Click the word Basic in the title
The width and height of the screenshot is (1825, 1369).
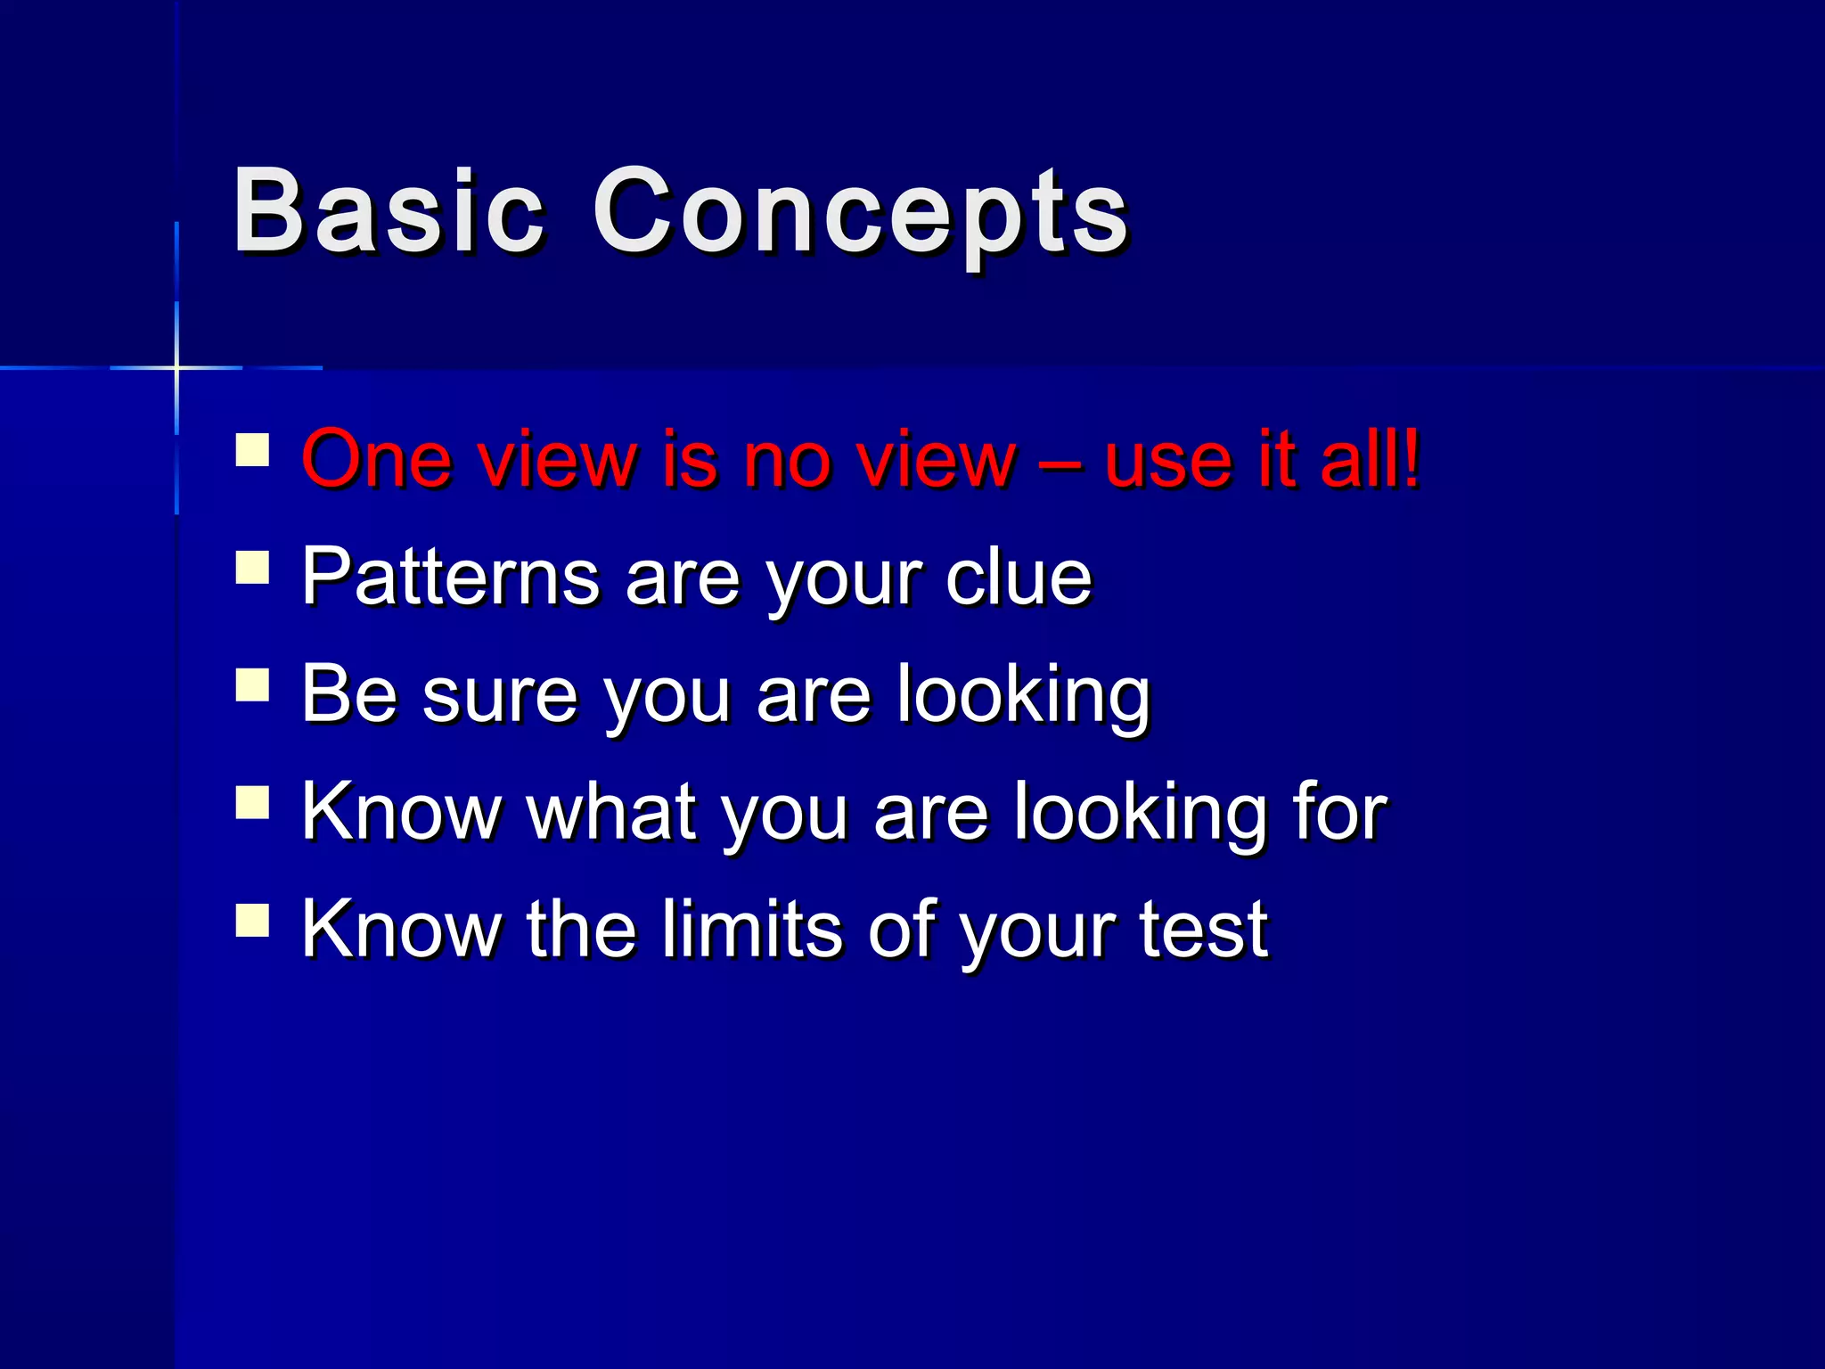point(388,212)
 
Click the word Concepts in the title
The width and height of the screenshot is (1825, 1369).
point(860,214)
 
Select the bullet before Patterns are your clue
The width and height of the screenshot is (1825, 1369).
point(253,567)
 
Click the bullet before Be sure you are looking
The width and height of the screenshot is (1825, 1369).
point(253,685)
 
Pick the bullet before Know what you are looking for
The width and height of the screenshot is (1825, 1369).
point(253,802)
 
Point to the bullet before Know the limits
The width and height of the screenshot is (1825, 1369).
point(253,920)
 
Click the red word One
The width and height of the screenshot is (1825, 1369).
point(376,461)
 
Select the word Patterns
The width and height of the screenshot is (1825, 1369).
point(450,578)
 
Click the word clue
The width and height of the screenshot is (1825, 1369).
point(1018,578)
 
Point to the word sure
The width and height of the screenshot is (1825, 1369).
point(500,696)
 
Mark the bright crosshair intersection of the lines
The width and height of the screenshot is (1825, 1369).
point(176,367)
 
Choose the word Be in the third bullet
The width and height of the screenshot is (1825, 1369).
point(348,694)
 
